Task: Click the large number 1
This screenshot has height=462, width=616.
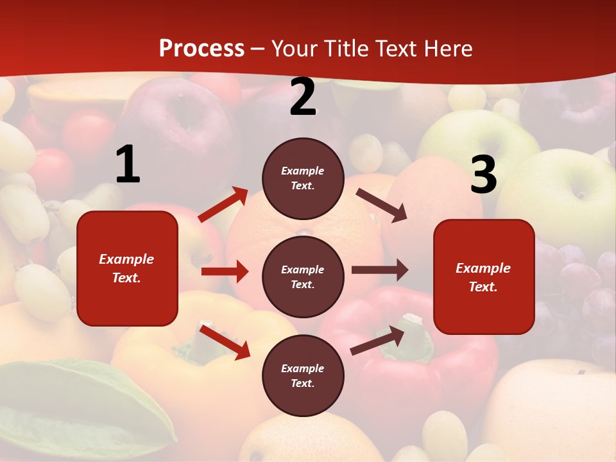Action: [x=128, y=164]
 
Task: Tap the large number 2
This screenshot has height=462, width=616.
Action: [x=303, y=97]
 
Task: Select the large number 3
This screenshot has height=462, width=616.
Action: [x=483, y=175]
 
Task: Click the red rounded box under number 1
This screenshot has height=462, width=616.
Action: [x=127, y=268]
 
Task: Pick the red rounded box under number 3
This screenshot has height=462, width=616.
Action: [x=484, y=277]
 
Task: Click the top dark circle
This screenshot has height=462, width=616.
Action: [x=303, y=178]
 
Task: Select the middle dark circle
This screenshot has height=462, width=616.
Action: [x=303, y=277]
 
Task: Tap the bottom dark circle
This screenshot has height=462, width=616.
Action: [x=303, y=375]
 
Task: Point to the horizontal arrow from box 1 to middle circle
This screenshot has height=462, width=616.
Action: [x=225, y=271]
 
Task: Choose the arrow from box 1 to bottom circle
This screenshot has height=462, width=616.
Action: [x=225, y=341]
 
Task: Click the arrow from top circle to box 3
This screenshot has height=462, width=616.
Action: [x=382, y=205]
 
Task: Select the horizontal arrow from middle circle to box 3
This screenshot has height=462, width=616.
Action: [x=380, y=270]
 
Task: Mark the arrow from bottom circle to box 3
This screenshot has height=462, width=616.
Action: [x=378, y=340]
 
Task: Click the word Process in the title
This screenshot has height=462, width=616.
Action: [x=201, y=48]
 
